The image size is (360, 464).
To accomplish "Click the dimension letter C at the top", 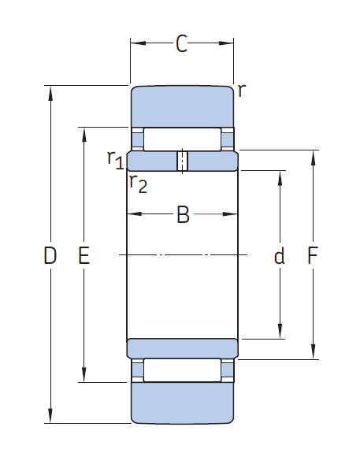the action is (182, 43).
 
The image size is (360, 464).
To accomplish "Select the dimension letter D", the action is (50, 255).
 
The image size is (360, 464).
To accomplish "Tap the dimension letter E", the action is (84, 255).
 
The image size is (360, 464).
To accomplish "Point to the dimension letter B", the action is (183, 214).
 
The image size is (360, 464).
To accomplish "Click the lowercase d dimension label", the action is (280, 255).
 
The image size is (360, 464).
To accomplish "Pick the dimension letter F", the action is (313, 255).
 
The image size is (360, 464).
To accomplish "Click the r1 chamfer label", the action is (115, 160).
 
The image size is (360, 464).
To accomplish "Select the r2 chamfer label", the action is (138, 184).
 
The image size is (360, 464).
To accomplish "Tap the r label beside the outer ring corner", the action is (242, 90).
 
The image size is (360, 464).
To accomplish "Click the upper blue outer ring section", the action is (183, 107).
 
